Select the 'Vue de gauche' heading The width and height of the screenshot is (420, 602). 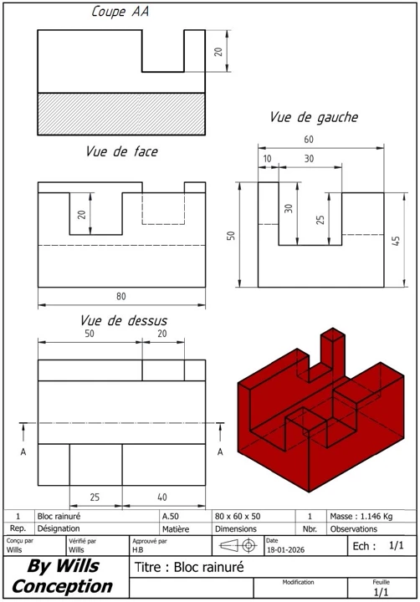pos(313,118)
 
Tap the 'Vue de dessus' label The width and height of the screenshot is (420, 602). pos(123,320)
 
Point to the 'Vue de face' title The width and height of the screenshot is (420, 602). pos(121,151)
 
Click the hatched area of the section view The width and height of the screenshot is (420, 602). pos(121,108)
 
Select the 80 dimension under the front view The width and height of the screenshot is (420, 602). pos(121,295)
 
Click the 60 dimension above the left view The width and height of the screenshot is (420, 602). pos(309,140)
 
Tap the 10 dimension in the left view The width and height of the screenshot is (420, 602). pos(268,159)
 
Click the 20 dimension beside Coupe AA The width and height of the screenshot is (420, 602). pos(218,52)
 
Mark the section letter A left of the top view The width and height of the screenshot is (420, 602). pos(23,451)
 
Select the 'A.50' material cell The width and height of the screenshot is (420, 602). pos(170,517)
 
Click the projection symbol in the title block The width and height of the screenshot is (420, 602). pos(236,545)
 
